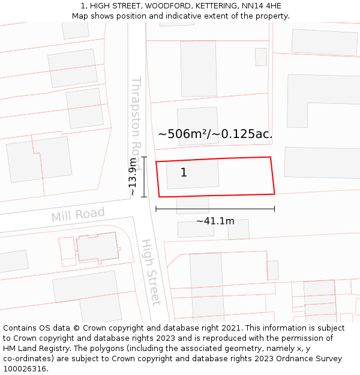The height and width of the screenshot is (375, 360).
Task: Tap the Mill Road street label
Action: click(x=78, y=215)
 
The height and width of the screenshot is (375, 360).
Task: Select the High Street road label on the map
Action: click(x=151, y=272)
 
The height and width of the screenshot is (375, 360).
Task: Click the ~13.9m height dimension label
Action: click(x=133, y=177)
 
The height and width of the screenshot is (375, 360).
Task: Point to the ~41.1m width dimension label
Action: click(x=215, y=221)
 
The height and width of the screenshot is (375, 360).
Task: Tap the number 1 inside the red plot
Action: click(x=184, y=173)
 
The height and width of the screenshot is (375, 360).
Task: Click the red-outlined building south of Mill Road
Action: click(x=96, y=247)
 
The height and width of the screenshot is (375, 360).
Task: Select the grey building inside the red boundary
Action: click(x=193, y=174)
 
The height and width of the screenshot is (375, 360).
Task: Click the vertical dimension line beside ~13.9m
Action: click(x=144, y=177)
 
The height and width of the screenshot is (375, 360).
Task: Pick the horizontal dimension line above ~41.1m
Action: click(x=215, y=209)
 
